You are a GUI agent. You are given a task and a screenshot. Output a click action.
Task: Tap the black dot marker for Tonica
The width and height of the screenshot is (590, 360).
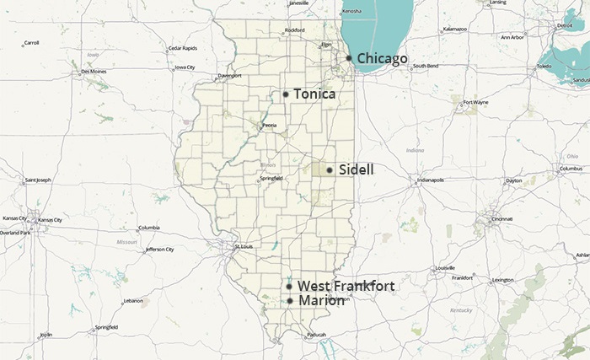[x=286, y=94]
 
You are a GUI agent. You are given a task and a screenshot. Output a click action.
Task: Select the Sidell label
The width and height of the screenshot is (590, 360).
[x=356, y=169]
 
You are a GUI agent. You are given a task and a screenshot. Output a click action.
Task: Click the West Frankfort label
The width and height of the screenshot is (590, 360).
[x=346, y=287]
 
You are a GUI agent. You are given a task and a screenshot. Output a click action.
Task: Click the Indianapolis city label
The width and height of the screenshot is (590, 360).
[x=430, y=180]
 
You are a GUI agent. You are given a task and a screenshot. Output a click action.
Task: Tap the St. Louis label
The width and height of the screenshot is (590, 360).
[x=243, y=246]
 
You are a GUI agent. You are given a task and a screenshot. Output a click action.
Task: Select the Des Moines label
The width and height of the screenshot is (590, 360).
[x=94, y=72]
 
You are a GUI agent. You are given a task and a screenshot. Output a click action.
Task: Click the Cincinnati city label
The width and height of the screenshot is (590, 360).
[x=502, y=218]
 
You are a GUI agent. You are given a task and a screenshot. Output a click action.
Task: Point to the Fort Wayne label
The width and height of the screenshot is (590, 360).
[x=475, y=102]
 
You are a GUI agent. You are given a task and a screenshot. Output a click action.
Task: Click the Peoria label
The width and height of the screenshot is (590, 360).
[x=269, y=126]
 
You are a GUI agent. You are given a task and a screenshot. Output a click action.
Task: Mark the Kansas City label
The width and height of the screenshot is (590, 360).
[x=50, y=220]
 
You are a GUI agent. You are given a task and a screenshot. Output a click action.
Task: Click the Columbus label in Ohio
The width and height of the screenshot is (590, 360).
[x=571, y=169]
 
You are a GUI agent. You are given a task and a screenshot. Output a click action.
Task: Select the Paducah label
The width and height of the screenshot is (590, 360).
[x=317, y=335]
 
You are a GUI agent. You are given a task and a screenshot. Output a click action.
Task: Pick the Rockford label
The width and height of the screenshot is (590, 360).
[x=294, y=30]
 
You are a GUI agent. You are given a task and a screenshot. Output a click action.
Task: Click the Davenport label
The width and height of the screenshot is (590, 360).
[x=229, y=76]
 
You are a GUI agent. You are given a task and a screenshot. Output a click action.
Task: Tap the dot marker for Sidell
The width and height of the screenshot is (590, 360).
[x=330, y=170]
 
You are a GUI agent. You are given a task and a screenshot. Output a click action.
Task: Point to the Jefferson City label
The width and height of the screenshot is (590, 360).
[x=159, y=250]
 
